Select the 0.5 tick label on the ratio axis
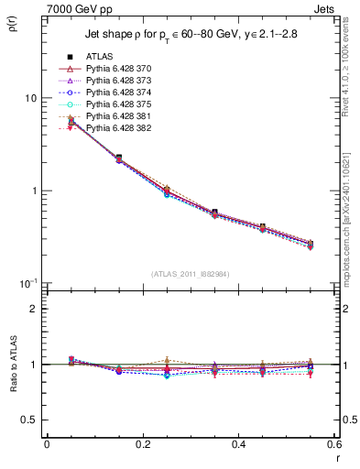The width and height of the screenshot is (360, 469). click(x=32, y=420)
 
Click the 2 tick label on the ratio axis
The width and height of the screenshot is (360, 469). click(x=35, y=309)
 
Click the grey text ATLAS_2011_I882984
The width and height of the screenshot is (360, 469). click(x=191, y=274)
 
